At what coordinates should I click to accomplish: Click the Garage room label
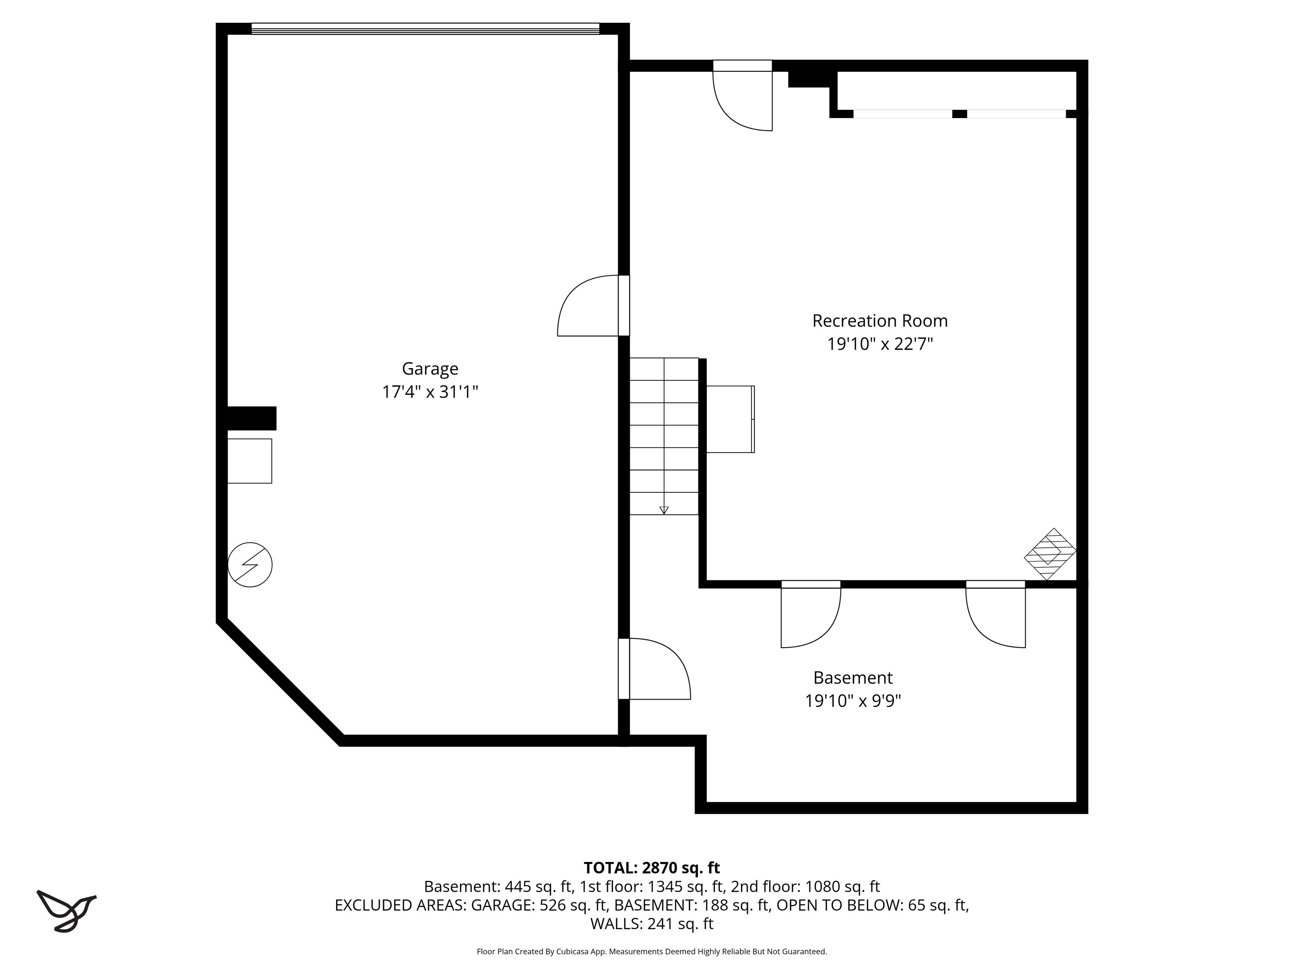[x=430, y=368]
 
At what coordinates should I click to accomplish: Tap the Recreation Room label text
[x=880, y=321]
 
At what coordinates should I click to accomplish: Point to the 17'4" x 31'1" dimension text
[x=430, y=392]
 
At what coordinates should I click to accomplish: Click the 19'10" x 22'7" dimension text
[x=880, y=344]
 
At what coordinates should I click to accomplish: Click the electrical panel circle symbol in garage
[x=250, y=565]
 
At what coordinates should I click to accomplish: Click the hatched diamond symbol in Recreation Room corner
[x=1049, y=554]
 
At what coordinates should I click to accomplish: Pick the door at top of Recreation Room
[x=743, y=97]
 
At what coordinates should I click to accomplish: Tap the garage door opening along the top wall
[x=425, y=28]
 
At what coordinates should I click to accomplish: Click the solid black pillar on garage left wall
[x=252, y=418]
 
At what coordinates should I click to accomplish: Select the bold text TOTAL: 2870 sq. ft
[x=652, y=868]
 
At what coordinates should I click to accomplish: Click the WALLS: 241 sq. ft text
[x=652, y=924]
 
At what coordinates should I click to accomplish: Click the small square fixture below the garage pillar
[x=249, y=461]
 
